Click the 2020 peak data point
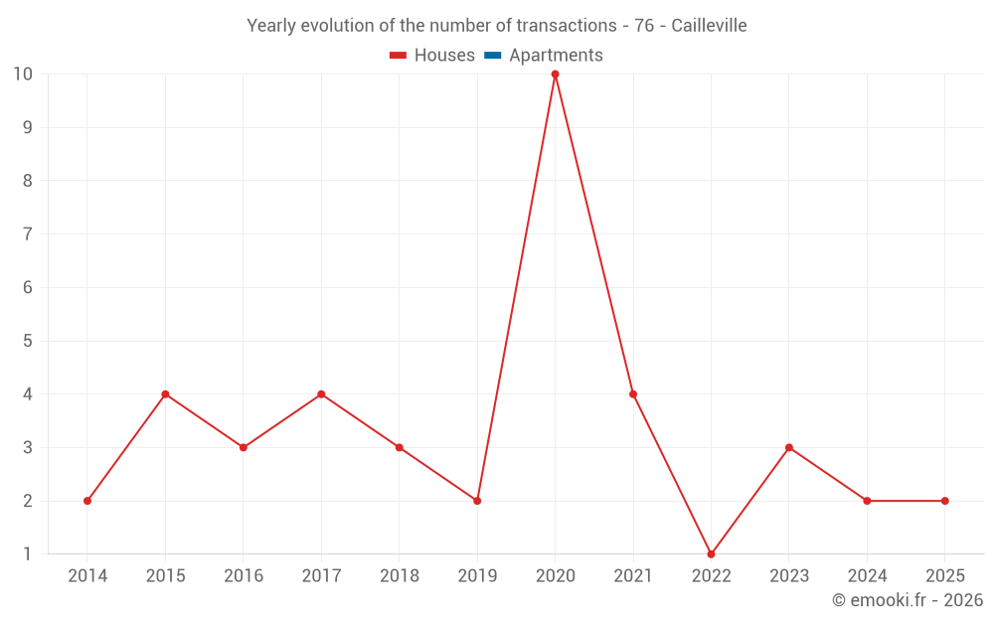coord(555,75)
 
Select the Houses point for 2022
coord(711,553)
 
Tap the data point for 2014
coord(87,501)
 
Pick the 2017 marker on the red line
coord(321,394)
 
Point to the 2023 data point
coord(789,447)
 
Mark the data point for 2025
coord(944,501)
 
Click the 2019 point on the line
coord(477,501)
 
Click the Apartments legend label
coord(556,56)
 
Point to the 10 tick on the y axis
coord(23,75)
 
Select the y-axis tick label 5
coord(28,341)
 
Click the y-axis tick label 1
coord(28,553)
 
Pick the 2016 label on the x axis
coord(244,576)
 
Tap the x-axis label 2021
coord(633,576)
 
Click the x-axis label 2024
coord(867,576)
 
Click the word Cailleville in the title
coord(709,26)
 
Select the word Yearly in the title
coord(272,26)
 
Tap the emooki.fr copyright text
coord(908,600)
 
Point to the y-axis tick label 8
coord(28,181)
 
